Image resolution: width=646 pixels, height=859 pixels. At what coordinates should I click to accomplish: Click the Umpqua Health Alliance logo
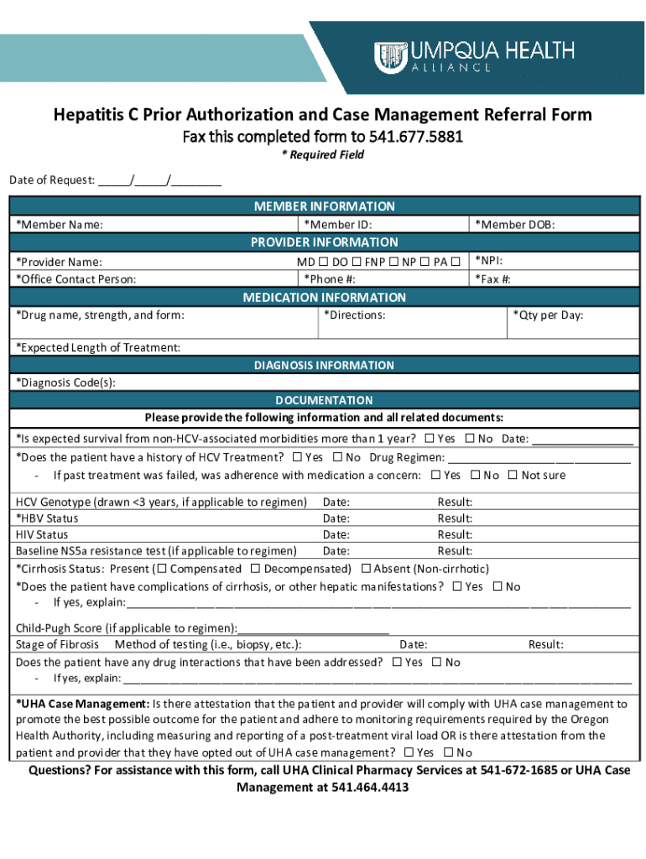(474, 56)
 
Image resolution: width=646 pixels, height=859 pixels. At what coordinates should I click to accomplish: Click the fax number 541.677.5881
(425, 136)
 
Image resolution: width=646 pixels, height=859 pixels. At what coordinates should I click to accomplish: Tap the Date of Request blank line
(159, 180)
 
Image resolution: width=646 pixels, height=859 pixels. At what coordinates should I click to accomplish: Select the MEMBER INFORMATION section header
(323, 206)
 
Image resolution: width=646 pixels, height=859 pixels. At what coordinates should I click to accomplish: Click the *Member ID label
(337, 225)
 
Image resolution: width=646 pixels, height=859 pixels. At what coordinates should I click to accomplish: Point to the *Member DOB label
(514, 225)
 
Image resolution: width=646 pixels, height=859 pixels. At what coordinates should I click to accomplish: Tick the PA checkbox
(456, 262)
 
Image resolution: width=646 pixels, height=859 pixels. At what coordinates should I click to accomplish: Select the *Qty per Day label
(547, 315)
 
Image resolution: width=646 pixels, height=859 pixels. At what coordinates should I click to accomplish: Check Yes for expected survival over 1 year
(430, 439)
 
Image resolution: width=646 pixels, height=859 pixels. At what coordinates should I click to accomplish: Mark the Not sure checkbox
(513, 476)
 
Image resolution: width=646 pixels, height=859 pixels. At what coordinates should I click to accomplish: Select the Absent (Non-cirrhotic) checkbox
(366, 569)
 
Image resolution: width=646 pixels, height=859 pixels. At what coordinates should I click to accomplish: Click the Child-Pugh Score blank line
(314, 628)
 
